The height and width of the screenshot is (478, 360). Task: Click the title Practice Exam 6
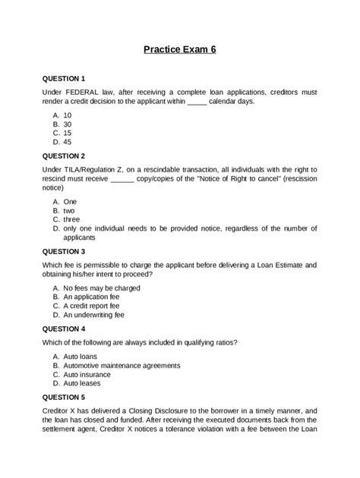(x=180, y=51)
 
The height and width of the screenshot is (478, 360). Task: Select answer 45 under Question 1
(x=68, y=141)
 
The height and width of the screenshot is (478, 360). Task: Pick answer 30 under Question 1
(x=68, y=124)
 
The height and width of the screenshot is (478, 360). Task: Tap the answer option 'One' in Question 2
(x=71, y=201)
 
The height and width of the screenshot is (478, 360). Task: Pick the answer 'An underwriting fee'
(x=97, y=315)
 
